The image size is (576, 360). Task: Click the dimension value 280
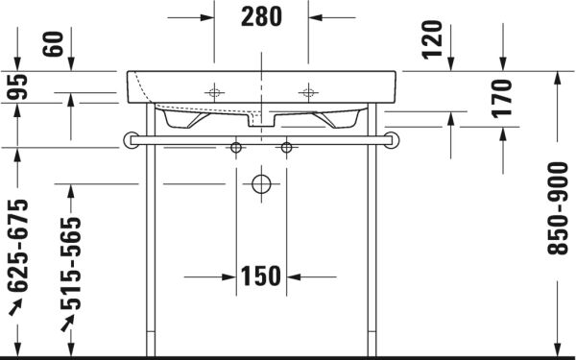261,16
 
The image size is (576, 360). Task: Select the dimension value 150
260,277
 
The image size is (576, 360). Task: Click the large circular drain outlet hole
260,184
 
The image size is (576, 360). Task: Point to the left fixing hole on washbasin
214,92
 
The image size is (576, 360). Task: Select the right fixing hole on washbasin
307,92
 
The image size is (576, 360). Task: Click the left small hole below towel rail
236,148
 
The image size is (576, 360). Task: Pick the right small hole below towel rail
285,148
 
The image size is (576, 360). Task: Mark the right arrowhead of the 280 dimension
314,17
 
